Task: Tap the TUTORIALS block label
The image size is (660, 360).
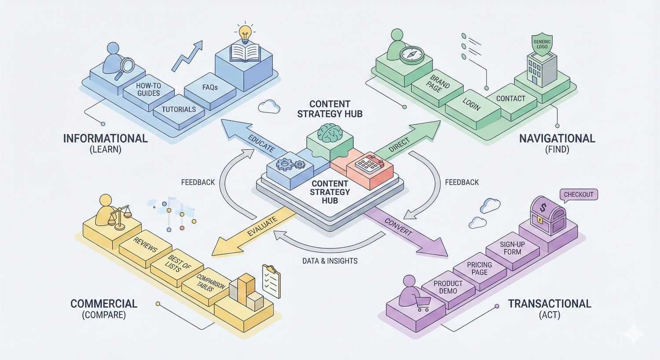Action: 179,109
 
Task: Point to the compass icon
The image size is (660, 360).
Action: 411,55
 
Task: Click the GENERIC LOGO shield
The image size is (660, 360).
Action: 542,44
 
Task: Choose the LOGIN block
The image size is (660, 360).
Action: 471,104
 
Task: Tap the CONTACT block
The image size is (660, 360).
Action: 510,99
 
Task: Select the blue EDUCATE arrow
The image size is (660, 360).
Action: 251,140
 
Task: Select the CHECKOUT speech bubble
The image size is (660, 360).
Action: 579,195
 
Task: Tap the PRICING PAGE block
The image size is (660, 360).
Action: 479,268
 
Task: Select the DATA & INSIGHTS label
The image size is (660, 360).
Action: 330,261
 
